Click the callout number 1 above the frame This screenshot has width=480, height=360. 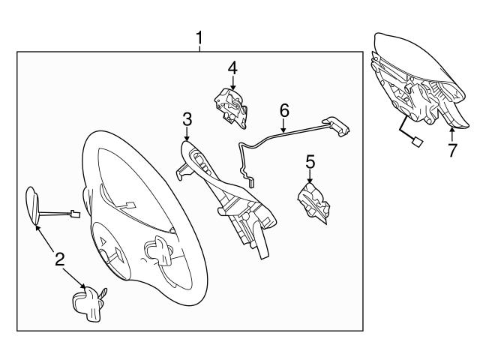pyautogui.click(x=199, y=36)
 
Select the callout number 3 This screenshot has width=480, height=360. pyautogui.click(x=187, y=118)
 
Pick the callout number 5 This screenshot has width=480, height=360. pyautogui.click(x=309, y=161)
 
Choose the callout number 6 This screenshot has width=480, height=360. pyautogui.click(x=284, y=110)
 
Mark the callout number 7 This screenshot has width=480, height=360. pyautogui.click(x=451, y=150)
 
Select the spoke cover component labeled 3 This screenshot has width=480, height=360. pyautogui.click(x=225, y=187)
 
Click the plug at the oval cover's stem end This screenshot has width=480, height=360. pyautogui.click(x=73, y=213)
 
